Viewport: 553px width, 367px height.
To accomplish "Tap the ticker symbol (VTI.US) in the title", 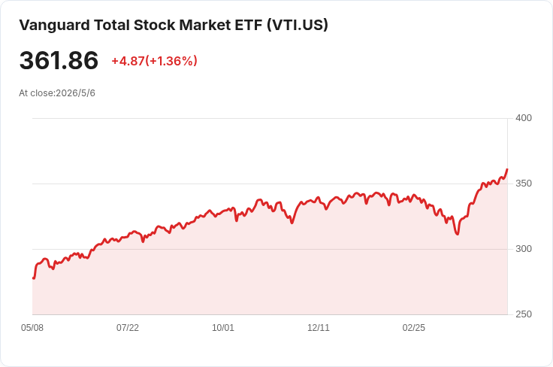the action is pos(298,26).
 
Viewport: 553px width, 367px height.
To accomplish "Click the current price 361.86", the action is pos(59,60).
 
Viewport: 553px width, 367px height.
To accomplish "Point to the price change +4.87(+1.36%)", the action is pos(155,61).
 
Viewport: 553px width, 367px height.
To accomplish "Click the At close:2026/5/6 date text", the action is pos(57,93).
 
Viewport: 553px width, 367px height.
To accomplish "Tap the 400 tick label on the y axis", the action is pos(524,118).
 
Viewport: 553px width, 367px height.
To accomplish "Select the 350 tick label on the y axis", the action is pos(524,183).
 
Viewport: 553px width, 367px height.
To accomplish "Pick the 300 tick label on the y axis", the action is pos(524,249).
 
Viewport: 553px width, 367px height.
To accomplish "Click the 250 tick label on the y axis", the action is pos(524,314).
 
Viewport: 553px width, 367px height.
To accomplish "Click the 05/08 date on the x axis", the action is pos(32,328).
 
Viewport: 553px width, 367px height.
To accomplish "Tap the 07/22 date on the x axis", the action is pos(128,328).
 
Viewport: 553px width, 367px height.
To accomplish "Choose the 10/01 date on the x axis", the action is pos(223,328).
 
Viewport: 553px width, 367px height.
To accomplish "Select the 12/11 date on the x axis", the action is pos(319,328).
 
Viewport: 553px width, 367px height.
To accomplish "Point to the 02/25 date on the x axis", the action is pos(414,328).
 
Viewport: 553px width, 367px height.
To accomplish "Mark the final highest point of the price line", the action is pos(507,169).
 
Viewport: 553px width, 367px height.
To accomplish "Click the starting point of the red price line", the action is pos(33,278).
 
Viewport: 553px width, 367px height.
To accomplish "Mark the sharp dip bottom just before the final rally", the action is pos(458,234).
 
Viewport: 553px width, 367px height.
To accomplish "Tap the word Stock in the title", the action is pos(155,25).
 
